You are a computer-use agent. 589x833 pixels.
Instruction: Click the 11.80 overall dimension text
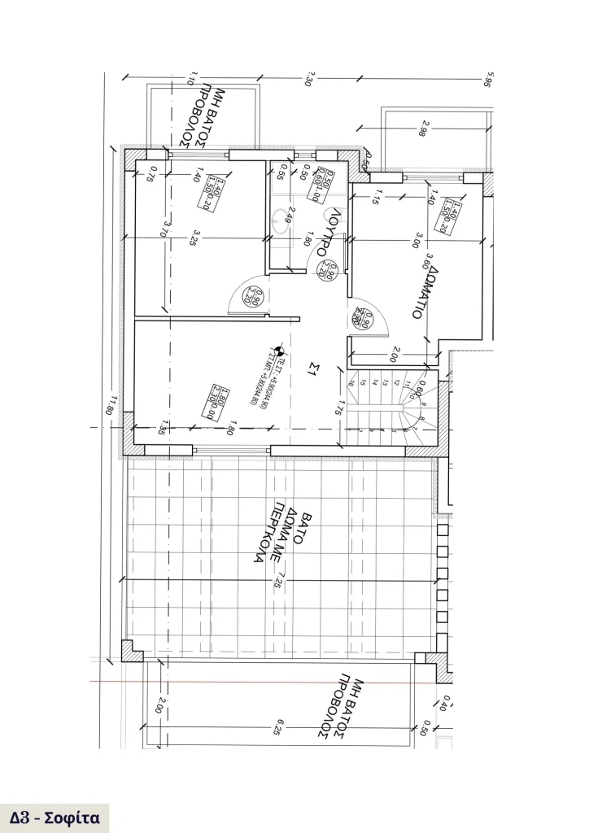(x=113, y=404)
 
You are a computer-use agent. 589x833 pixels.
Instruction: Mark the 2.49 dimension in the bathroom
(x=289, y=218)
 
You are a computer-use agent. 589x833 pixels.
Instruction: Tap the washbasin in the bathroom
(x=281, y=217)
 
